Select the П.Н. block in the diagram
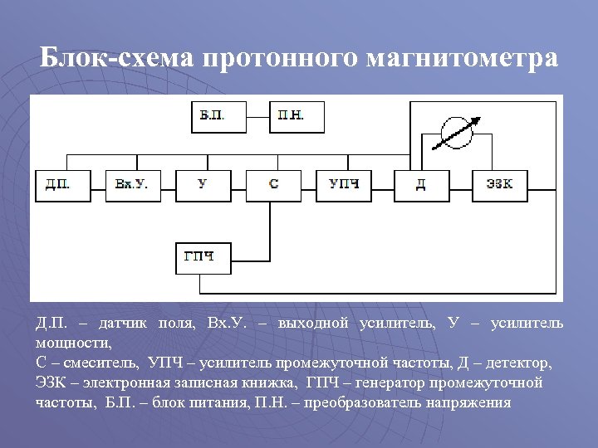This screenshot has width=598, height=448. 297,117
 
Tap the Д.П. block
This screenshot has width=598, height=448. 62,185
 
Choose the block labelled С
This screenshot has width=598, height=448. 274,185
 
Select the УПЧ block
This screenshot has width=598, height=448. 344,185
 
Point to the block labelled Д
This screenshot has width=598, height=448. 421,185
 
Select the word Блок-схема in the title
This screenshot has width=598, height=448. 116,59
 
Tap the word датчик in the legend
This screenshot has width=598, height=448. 127,323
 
